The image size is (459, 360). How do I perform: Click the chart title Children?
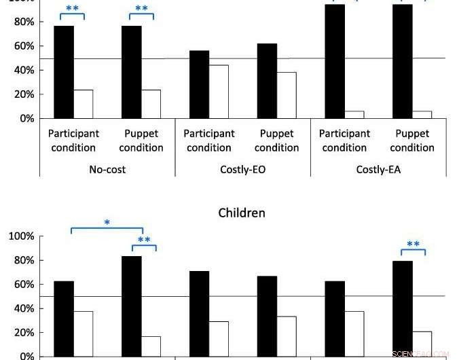click(242, 213)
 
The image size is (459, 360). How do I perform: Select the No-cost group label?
click(107, 169)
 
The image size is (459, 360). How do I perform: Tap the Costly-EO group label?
click(243, 169)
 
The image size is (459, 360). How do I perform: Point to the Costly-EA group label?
click(378, 169)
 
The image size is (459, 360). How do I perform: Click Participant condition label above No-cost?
click(73, 141)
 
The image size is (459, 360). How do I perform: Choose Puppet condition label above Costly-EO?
click(277, 141)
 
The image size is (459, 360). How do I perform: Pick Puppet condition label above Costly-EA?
click(412, 141)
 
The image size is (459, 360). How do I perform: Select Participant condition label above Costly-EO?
click(209, 141)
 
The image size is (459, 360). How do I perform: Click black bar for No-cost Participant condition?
click(64, 72)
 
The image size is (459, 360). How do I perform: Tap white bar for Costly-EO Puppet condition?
click(287, 95)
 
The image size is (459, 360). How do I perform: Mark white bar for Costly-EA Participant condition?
click(354, 115)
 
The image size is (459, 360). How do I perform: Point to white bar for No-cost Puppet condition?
click(151, 104)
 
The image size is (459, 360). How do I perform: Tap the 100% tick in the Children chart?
click(22, 236)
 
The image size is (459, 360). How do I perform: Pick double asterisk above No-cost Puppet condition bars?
click(141, 9)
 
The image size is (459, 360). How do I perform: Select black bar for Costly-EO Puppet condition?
click(268, 81)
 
